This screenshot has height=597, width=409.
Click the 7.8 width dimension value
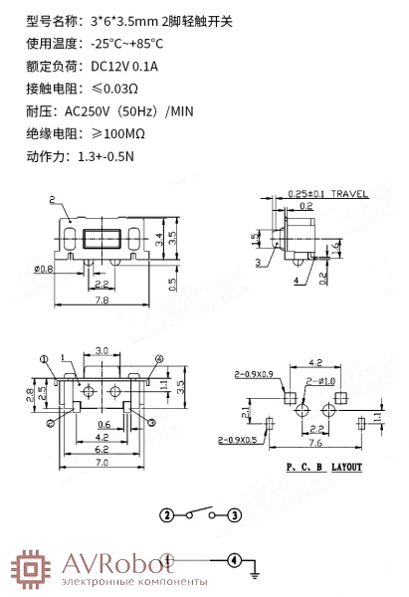pyautogui.click(x=102, y=299)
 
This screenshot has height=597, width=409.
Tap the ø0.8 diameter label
pyautogui.click(x=44, y=270)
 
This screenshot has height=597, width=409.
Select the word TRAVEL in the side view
pyautogui.click(x=349, y=193)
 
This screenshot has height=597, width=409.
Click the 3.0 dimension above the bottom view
pyautogui.click(x=102, y=350)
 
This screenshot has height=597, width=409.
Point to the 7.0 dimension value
pyautogui.click(x=102, y=463)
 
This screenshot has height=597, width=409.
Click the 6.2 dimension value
pyautogui.click(x=102, y=450)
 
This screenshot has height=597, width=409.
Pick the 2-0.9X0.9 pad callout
pyautogui.click(x=254, y=374)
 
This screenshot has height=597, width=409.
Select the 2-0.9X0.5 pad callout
pyautogui.click(x=237, y=440)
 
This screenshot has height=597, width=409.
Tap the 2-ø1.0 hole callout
pyautogui.click(x=320, y=381)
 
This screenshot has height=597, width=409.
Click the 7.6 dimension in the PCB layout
pyautogui.click(x=315, y=443)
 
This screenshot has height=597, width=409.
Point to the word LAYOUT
pyautogui.click(x=346, y=467)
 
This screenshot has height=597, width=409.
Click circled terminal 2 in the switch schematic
pyautogui.click(x=166, y=515)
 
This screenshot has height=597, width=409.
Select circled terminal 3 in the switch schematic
pyautogui.click(x=235, y=515)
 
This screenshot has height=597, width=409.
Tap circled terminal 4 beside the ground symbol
pyautogui.click(x=234, y=560)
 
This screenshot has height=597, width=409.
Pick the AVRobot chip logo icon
pyautogui.click(x=31, y=569)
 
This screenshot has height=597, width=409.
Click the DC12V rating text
pyautogui.click(x=110, y=67)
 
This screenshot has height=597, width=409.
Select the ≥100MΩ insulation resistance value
pyautogui.click(x=118, y=133)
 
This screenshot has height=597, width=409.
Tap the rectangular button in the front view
pyautogui.click(x=102, y=239)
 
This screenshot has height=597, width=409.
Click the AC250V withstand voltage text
pyautogui.click(x=88, y=111)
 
